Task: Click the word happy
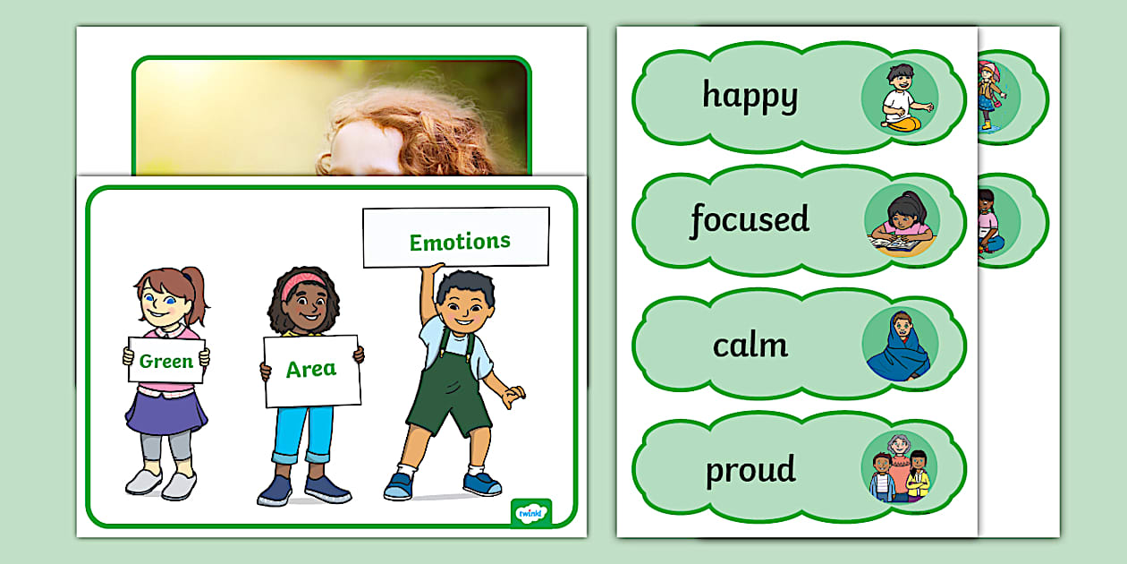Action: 750,97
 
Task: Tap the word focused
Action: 750,219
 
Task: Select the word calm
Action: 750,346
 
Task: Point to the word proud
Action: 750,470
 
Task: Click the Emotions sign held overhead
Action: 456,237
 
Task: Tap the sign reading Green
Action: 166,360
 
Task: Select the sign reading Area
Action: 311,371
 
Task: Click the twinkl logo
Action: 531,513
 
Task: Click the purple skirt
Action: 166,413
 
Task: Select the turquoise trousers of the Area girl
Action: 303,434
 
